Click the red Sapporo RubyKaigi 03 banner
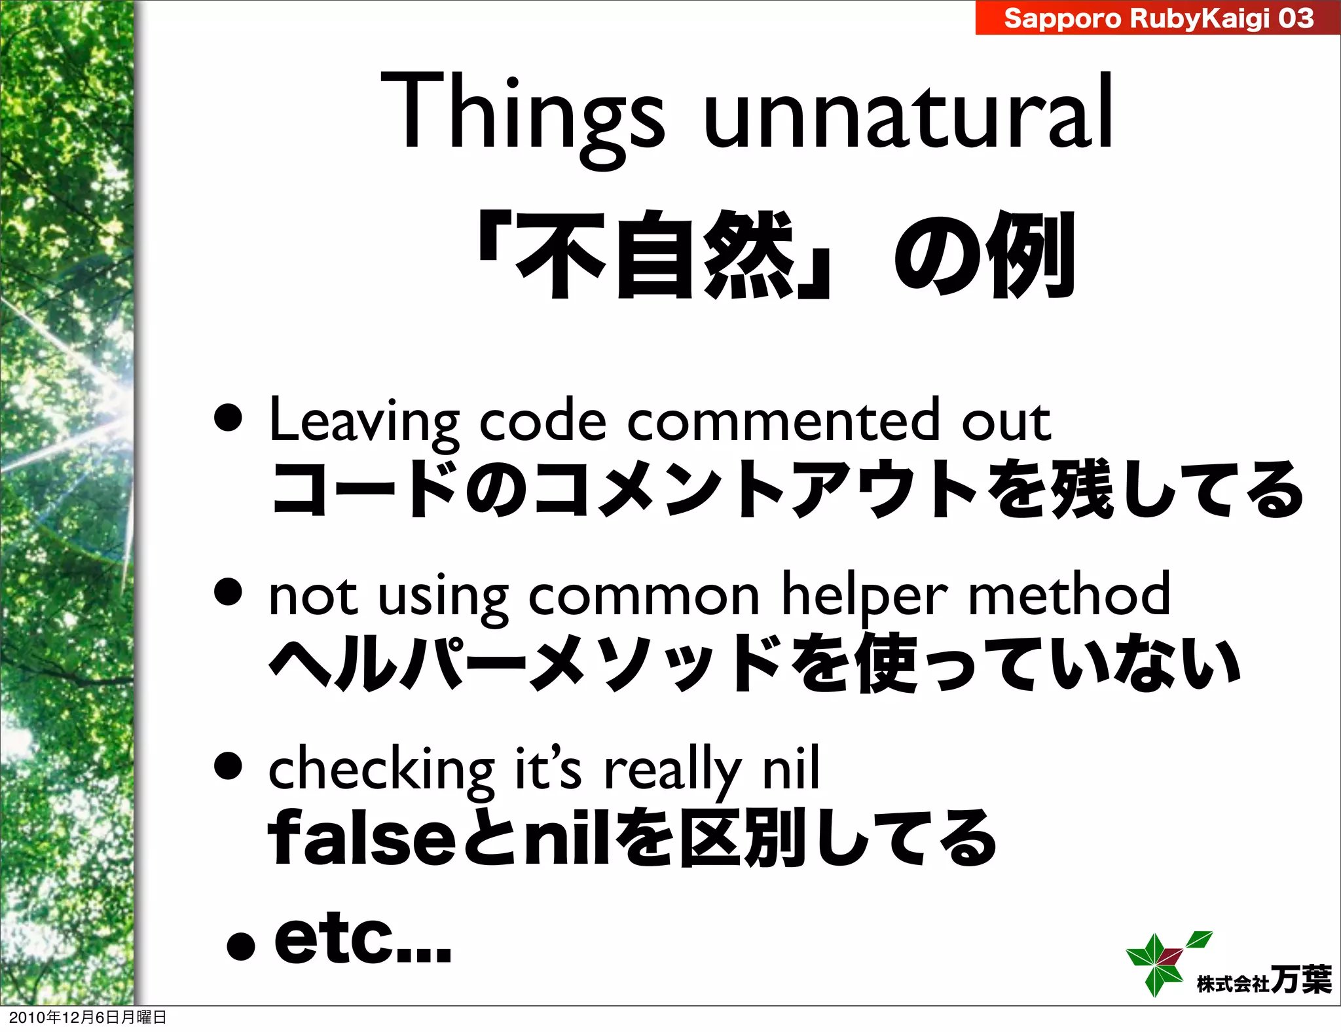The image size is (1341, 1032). [1158, 18]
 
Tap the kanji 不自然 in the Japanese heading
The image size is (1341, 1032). [655, 255]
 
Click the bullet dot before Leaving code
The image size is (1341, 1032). [229, 419]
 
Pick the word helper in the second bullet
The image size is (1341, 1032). [864, 595]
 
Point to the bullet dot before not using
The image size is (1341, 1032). [229, 593]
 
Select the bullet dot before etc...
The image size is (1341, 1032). [240, 946]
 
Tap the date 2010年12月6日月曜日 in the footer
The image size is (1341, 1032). [88, 1017]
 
